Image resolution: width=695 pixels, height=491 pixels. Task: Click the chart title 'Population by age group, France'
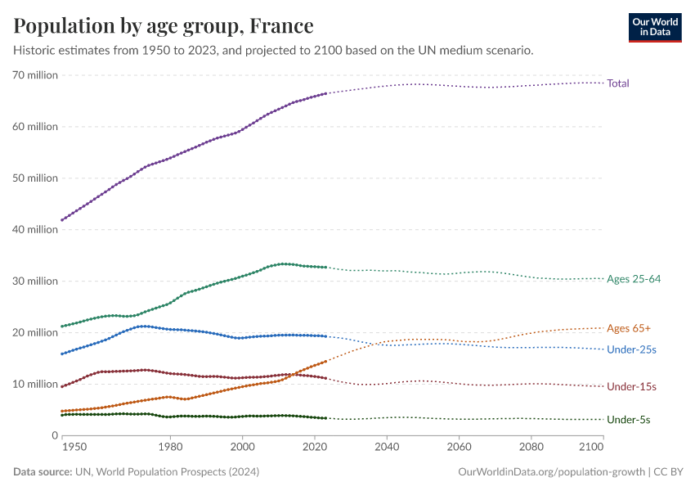point(163,25)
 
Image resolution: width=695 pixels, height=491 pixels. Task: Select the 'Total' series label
point(617,83)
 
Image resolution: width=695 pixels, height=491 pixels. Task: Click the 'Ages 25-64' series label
point(633,279)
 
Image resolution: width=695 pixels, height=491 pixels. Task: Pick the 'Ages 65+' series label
point(629,328)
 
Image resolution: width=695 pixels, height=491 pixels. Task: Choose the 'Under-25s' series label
point(631,349)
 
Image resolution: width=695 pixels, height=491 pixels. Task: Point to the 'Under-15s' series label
point(631,386)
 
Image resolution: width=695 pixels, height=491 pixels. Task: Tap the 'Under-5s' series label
point(628,420)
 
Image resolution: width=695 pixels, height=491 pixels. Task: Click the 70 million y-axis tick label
point(35,75)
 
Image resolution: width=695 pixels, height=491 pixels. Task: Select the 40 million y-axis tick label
point(35,230)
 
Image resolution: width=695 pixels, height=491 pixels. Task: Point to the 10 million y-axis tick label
point(35,384)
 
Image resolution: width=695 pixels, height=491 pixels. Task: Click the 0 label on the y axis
point(53,435)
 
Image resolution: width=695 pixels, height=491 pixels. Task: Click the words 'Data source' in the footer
point(42,472)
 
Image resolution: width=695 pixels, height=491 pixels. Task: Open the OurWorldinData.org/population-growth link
point(548,472)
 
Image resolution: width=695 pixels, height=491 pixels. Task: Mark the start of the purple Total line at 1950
point(61,220)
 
